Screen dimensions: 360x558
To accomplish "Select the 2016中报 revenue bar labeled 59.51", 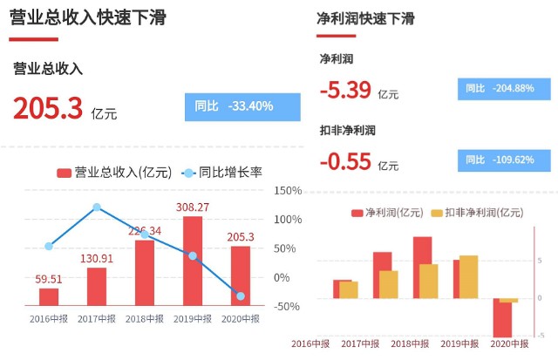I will (49, 296).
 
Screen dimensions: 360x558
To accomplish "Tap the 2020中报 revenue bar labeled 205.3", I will (241, 275).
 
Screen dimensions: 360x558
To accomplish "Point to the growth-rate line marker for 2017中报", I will (97, 207).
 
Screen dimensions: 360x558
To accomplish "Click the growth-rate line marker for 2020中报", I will (241, 296).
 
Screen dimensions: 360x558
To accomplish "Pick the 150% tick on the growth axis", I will (288, 190).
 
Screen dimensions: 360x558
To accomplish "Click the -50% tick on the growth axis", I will (288, 306).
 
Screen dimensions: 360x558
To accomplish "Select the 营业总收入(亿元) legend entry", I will (114, 172).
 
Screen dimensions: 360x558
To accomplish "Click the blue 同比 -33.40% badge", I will (242, 106).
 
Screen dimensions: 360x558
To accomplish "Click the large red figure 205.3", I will (47, 108).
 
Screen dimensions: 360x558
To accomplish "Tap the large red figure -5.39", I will (345, 90).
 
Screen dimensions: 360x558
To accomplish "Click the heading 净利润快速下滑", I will (365, 17).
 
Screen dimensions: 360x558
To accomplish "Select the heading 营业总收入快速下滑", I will (88, 17).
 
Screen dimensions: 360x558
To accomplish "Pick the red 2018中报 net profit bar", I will (422, 268).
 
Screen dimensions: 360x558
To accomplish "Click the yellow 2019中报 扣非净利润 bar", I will (468, 277).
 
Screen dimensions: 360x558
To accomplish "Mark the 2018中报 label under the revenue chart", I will (145, 319).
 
